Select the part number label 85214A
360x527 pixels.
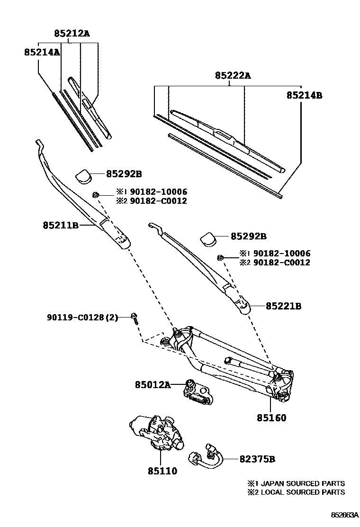pyautogui.click(x=42, y=52)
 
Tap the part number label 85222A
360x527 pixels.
pyautogui.click(x=232, y=75)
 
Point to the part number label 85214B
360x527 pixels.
pyautogui.click(x=304, y=95)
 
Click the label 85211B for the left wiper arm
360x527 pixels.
pyautogui.click(x=60, y=226)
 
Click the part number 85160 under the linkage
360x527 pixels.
pyautogui.click(x=271, y=418)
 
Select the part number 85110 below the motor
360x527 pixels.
pyautogui.click(x=162, y=471)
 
